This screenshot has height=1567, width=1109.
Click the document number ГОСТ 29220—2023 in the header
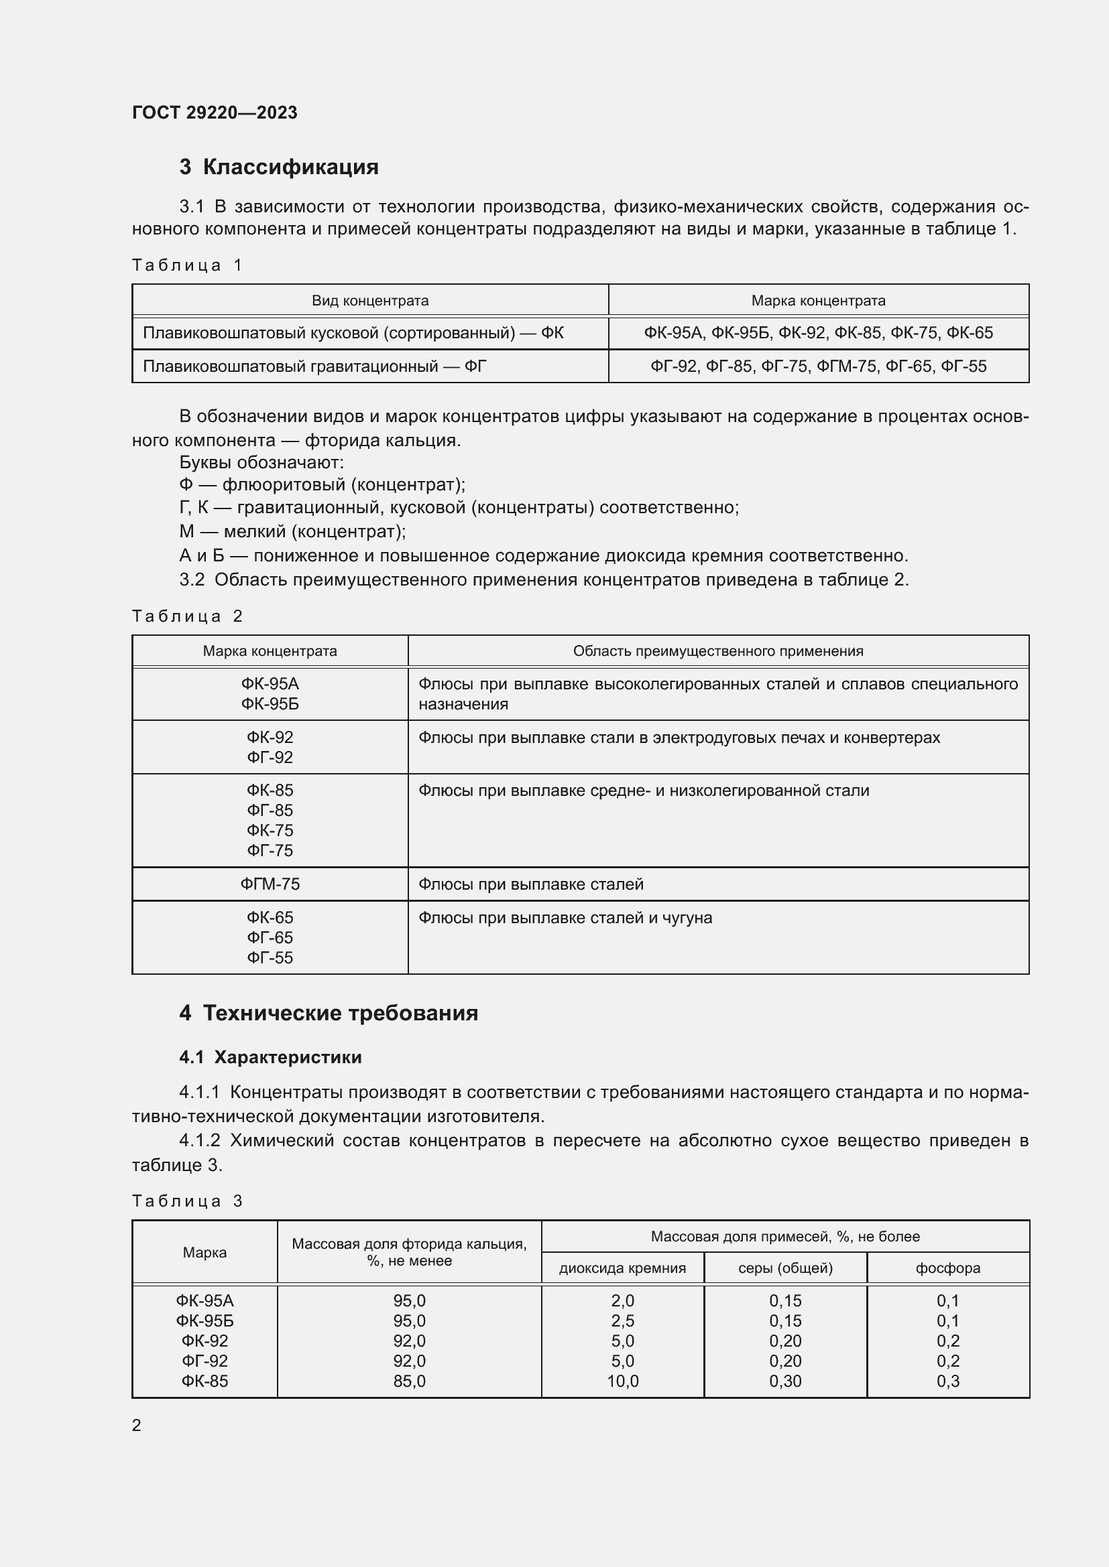pos(215,113)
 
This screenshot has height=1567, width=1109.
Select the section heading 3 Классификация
pos(279,167)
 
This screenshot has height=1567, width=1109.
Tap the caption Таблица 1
pos(187,265)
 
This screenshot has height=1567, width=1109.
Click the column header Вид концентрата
pos(370,300)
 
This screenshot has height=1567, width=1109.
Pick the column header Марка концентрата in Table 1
pos(818,300)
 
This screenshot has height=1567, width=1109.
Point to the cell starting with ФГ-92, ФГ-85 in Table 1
pos(818,366)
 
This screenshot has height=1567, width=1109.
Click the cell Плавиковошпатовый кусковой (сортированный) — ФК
pos(353,333)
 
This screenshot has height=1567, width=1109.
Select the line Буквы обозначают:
pos(261,462)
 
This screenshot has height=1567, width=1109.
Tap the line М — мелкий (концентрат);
pos(292,531)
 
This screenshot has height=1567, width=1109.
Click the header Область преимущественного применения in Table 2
pos(717,651)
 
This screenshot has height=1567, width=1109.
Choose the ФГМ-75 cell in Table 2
pos(270,884)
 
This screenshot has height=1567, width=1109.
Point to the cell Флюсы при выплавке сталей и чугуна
pos(565,918)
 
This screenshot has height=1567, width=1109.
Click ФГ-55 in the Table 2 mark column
pos(270,957)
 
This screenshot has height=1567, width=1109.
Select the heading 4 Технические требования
pos(329,1013)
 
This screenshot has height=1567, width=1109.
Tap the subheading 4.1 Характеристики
pos(270,1057)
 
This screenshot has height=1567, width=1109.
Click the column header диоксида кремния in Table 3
pos(622,1268)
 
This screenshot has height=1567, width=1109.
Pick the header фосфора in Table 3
pos(948,1268)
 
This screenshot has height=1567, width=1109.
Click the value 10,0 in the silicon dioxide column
pos(622,1381)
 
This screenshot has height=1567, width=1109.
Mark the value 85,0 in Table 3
pos(409,1381)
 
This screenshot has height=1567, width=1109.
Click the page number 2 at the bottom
pos(137,1425)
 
